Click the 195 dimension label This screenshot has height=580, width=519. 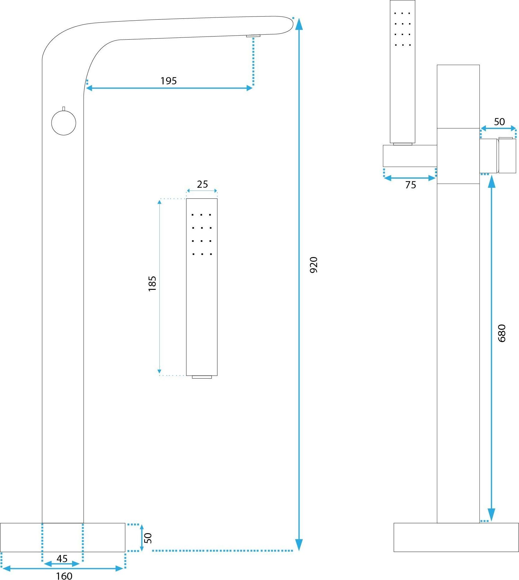coord(169,81)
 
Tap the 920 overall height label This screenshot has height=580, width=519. coord(314,265)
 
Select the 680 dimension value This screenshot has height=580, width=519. coord(502,333)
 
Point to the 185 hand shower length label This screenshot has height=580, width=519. coord(152,284)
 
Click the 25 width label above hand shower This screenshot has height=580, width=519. coord(202,184)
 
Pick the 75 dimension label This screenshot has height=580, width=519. coord(410,185)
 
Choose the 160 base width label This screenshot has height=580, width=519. coord(64,575)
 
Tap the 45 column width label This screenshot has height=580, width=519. coord(62,558)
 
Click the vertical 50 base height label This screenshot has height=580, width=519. coord(148,538)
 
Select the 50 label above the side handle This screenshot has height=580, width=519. coord(499,122)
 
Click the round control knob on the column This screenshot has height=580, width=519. coord(64,123)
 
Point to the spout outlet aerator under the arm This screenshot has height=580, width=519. coord(253,36)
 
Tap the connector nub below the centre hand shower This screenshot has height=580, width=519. coord(202,377)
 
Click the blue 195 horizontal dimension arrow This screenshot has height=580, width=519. coord(169,88)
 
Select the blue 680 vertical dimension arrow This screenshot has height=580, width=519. coord(492,344)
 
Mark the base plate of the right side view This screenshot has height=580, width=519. coord(456,537)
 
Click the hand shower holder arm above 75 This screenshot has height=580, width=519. coord(410,156)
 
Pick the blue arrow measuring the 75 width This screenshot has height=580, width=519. coord(409,178)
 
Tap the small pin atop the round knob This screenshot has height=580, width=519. coord(64,109)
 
